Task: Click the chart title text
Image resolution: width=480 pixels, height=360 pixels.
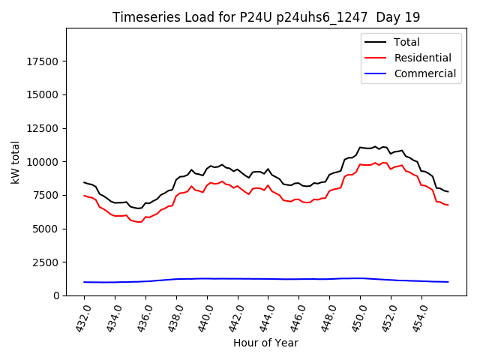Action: coord(266,17)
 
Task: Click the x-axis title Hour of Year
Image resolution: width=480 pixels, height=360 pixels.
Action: coord(265,343)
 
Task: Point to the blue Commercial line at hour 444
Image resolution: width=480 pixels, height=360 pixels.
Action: coord(268,279)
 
